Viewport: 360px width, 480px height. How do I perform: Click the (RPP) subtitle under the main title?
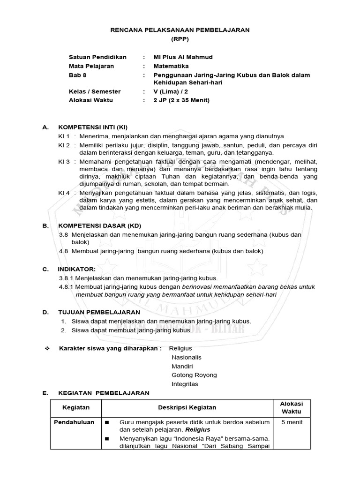tap(180, 39)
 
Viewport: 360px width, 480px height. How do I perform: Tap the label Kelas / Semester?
tap(95, 91)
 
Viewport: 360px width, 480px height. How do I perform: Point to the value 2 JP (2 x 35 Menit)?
tap(181, 100)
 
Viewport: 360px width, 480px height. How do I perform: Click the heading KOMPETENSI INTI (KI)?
tap(92, 127)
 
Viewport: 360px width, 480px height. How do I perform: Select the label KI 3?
tap(64, 161)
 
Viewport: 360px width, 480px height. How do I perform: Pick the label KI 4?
tap(64, 193)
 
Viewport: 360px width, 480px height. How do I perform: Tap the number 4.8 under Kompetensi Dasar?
tap(64, 251)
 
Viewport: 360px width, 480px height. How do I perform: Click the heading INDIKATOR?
tap(76, 269)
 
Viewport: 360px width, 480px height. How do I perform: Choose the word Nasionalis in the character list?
tap(187, 357)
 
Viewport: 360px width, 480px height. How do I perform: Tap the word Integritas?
tap(185, 384)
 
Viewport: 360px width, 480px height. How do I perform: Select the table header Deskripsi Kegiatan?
tap(187, 408)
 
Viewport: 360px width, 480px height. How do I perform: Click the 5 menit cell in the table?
tap(292, 422)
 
